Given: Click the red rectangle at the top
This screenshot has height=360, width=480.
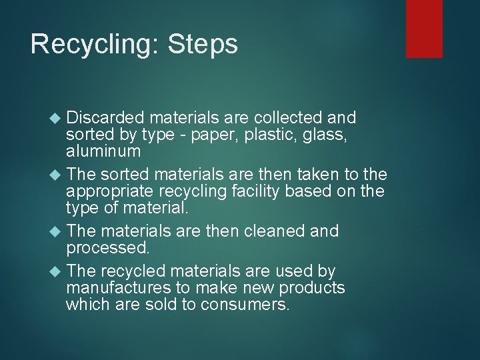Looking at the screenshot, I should (x=424, y=28).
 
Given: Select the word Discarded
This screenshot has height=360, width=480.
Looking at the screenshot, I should (x=105, y=118).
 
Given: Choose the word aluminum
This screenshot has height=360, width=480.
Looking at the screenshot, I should (x=103, y=151).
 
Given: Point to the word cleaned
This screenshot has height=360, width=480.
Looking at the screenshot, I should (x=281, y=231).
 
